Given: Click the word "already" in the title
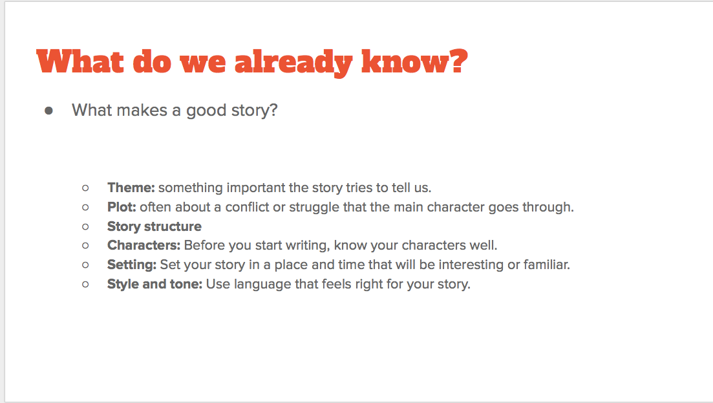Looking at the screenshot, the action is tap(293, 62).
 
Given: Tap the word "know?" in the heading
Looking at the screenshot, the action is tap(415, 61).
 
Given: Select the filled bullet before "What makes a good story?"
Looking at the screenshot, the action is tap(48, 111).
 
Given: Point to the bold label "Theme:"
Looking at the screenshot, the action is tap(131, 188).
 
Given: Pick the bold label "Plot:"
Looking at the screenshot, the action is tap(122, 207).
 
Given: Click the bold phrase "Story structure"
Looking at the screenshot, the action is tap(154, 226).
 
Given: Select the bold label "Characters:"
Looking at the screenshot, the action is tap(144, 245).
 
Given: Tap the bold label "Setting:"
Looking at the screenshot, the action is tap(132, 265).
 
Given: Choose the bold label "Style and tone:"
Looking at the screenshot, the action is tap(154, 284).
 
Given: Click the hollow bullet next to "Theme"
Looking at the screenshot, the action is tap(85, 188).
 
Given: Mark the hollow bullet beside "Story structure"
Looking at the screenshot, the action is tap(85, 226).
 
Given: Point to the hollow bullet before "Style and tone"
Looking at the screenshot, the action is tap(85, 284).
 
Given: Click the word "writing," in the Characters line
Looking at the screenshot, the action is tap(308, 246).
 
